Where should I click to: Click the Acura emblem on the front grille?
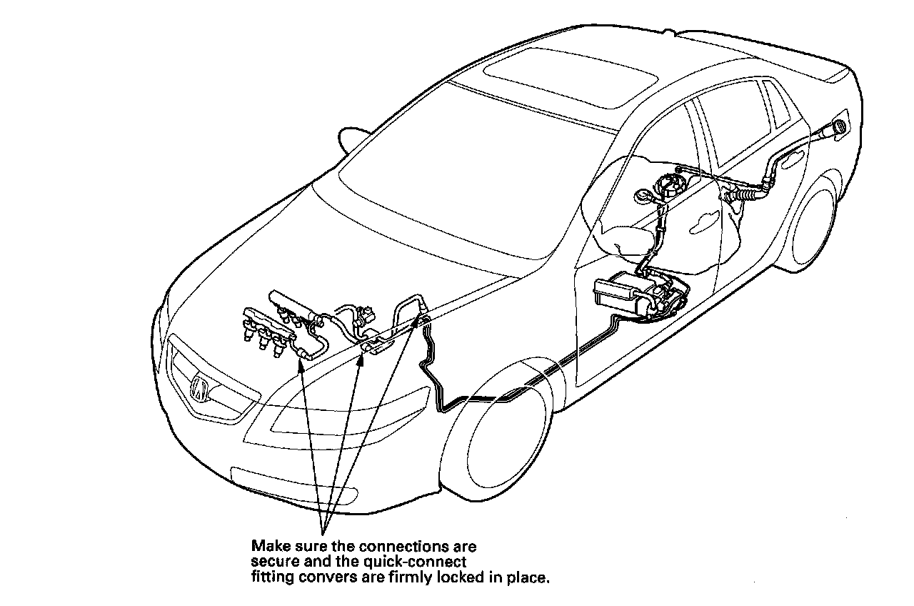click(x=201, y=389)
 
